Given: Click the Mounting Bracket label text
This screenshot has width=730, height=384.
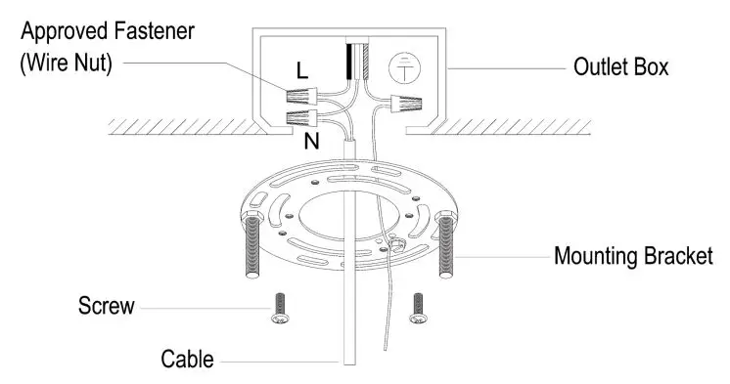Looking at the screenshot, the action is (631, 257).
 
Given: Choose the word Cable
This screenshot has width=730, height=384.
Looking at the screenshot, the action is (187, 359).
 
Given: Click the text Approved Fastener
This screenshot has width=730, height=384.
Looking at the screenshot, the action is (109, 31).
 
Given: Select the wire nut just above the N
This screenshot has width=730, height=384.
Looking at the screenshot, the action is (303, 119).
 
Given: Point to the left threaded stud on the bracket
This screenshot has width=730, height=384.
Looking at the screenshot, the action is (247, 251).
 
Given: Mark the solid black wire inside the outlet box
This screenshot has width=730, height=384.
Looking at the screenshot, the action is (348, 62).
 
